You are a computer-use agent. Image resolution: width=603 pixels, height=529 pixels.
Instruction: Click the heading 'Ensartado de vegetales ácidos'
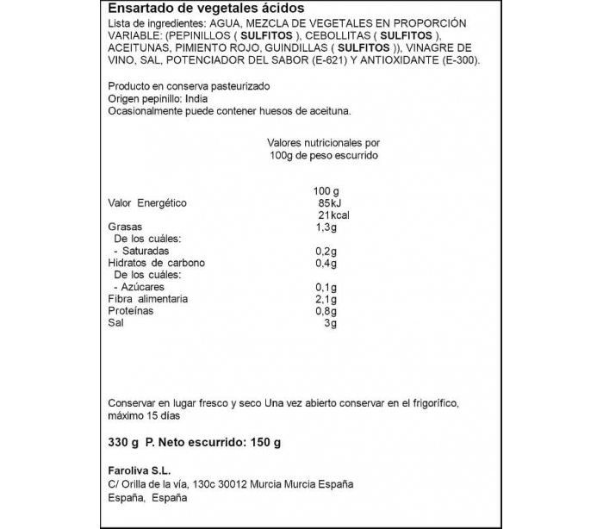(189, 9)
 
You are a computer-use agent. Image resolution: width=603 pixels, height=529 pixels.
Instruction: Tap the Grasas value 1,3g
(326, 227)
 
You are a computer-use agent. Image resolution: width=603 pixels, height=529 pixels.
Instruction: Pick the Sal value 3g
(329, 322)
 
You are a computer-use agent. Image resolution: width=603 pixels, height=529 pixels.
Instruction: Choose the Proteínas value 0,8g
(326, 310)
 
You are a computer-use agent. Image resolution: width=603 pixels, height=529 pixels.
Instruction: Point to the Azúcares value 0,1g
(326, 286)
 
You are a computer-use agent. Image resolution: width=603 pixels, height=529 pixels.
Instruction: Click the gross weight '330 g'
(121, 443)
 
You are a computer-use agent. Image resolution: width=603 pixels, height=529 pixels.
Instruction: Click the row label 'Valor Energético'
(147, 203)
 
